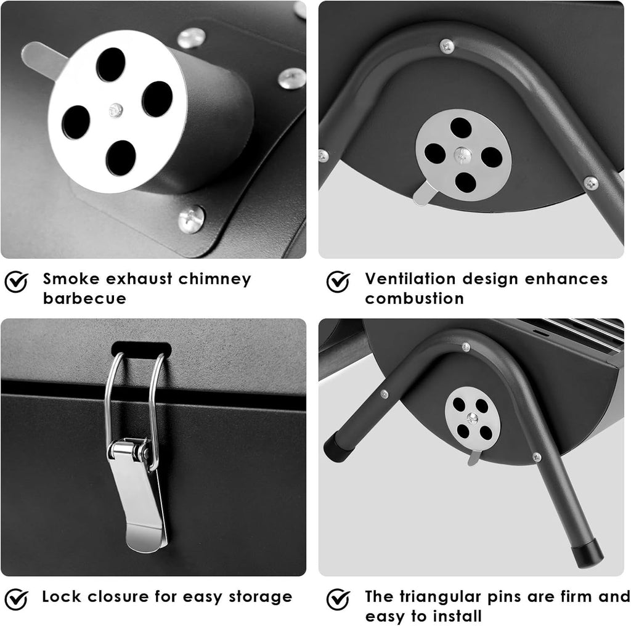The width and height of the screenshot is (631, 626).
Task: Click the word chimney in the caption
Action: point(214,279)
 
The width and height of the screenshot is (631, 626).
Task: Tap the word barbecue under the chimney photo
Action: point(84,298)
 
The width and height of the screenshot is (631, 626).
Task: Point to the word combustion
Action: point(414,298)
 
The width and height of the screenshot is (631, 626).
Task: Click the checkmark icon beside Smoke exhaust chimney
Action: point(17,281)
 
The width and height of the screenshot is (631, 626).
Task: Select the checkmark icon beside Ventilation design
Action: point(338,281)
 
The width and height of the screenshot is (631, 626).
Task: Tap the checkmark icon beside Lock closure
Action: point(17,599)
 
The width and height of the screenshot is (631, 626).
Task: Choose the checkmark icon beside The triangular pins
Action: point(338,599)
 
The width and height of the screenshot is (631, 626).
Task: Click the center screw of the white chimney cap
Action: point(116,110)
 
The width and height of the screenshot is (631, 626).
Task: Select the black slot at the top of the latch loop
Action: point(141,349)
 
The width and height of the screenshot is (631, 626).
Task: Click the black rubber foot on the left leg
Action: point(339,447)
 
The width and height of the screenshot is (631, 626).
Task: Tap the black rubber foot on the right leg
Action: point(588,553)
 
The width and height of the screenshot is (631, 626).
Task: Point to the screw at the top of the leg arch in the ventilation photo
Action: point(447,46)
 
